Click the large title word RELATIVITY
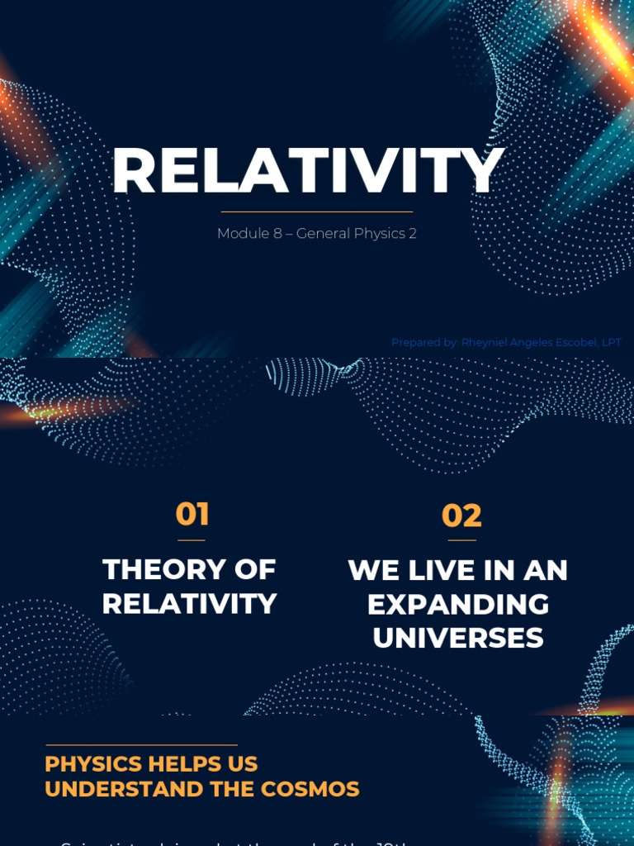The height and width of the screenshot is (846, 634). click(x=307, y=172)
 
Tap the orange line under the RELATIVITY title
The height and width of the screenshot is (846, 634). click(x=317, y=212)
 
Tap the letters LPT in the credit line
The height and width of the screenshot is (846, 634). click(x=611, y=342)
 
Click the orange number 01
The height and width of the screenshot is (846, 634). click(x=192, y=515)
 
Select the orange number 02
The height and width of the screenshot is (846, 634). click(x=461, y=516)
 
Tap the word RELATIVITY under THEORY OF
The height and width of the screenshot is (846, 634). click(x=189, y=604)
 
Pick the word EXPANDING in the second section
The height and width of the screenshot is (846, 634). click(x=458, y=604)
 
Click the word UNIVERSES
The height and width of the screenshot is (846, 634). click(x=458, y=638)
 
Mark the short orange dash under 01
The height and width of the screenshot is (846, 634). click(x=192, y=539)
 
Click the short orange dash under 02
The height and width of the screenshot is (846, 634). click(x=461, y=540)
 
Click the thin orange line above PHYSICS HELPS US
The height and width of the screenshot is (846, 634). click(x=141, y=745)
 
